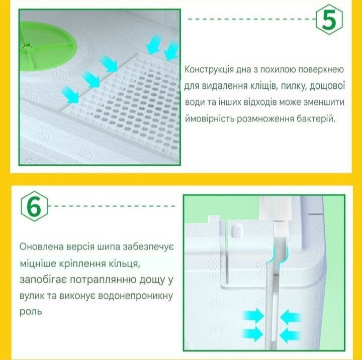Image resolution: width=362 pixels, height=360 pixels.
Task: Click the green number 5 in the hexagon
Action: pyautogui.click(x=329, y=20)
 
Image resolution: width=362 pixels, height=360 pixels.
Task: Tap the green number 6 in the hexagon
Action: pyautogui.click(x=34, y=206)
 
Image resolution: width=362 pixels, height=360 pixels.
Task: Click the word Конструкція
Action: pyautogui.click(x=209, y=69)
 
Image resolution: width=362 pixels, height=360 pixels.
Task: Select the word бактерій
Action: pyautogui.click(x=316, y=119)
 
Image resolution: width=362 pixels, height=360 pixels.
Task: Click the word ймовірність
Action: pyautogui.click(x=210, y=119)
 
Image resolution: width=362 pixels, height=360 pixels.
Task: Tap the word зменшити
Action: pyautogui.click(x=324, y=102)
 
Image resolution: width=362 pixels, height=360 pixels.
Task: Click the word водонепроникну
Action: pyautogui.click(x=136, y=296)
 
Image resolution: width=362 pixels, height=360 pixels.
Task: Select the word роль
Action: pyautogui.click(x=31, y=312)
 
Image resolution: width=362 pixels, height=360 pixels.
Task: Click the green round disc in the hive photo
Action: pyautogui.click(x=48, y=46)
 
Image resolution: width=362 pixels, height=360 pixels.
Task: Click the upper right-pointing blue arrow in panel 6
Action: pyautogui.click(x=253, y=315)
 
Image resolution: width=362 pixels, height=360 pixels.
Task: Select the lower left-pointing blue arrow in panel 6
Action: pyautogui.click(x=291, y=333)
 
